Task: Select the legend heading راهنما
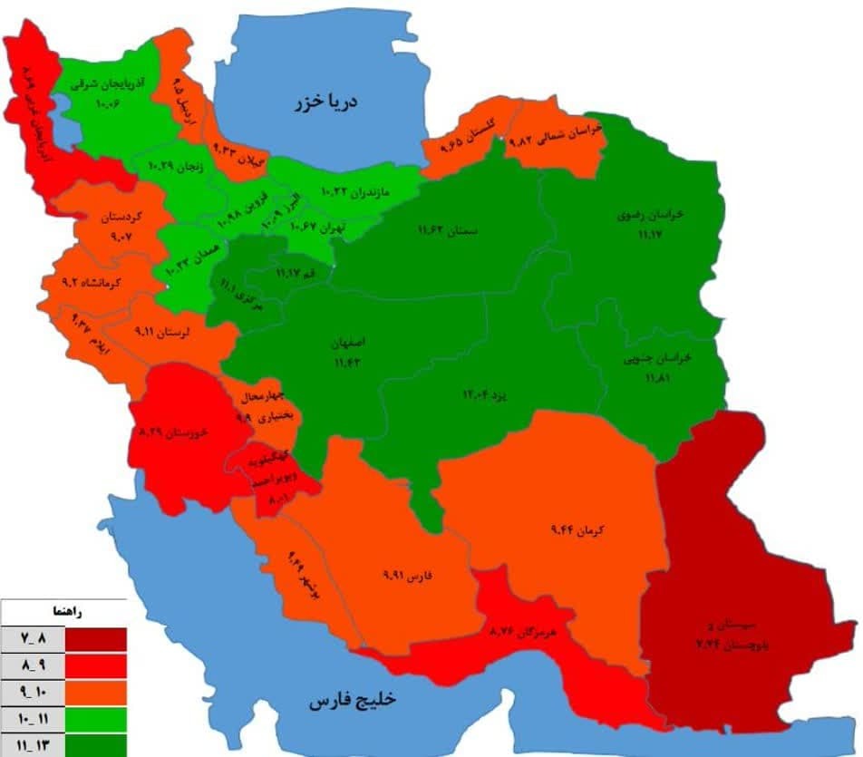(x=93, y=612)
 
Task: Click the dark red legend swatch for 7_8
(x=95, y=638)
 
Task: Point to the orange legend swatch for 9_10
(x=95, y=694)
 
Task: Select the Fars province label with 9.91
(x=403, y=576)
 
